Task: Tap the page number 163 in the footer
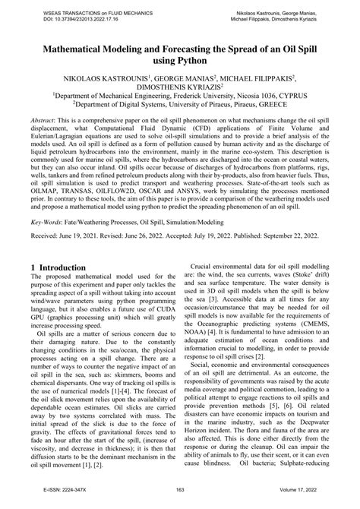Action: tap(180, 500)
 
